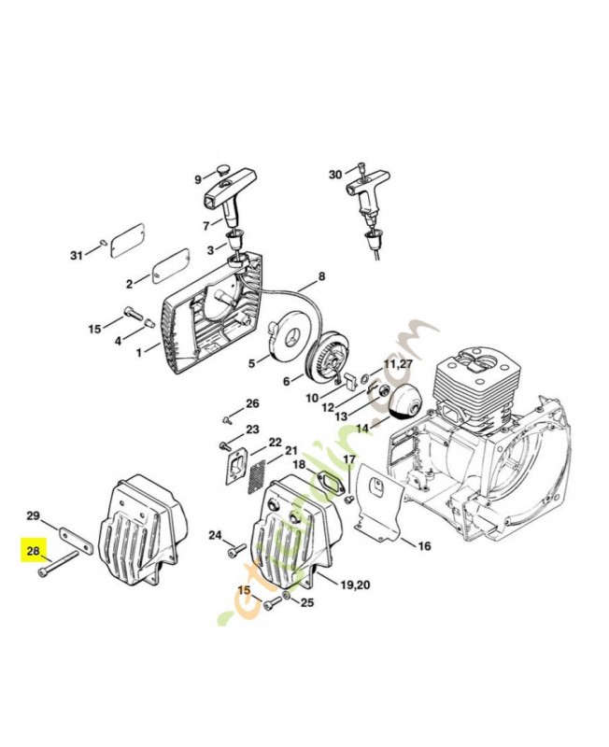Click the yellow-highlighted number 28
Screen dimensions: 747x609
tap(33, 551)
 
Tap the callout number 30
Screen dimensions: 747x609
tap(335, 175)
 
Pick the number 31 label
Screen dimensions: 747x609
tap(78, 256)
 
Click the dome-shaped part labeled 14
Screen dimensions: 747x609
tap(405, 398)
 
